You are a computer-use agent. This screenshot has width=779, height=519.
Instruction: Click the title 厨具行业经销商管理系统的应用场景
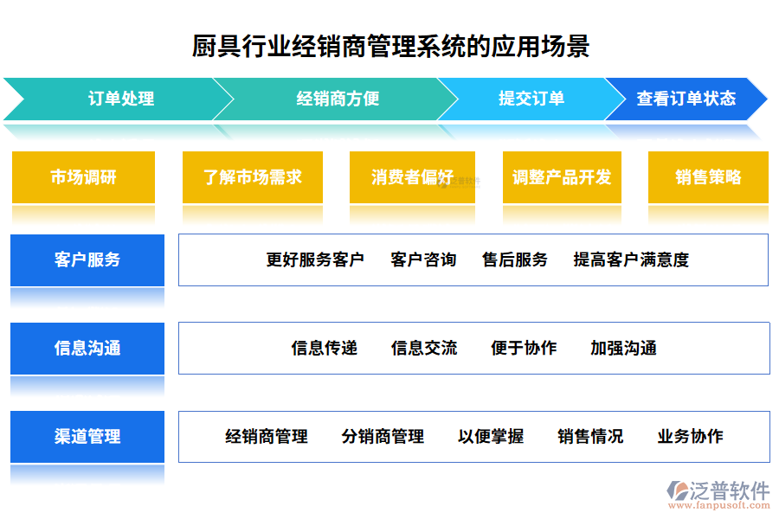(x=390, y=46)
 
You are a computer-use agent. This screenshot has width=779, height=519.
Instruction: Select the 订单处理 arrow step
(x=121, y=99)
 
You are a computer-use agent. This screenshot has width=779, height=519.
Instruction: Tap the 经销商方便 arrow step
(x=338, y=99)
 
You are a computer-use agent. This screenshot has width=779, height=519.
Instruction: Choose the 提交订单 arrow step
(x=531, y=99)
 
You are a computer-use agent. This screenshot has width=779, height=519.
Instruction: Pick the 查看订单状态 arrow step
(x=686, y=99)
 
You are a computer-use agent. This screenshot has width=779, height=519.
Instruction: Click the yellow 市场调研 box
(x=83, y=177)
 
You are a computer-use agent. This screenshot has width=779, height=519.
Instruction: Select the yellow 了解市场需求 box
(x=253, y=177)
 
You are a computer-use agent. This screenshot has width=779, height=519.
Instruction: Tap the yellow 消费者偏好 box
(x=413, y=177)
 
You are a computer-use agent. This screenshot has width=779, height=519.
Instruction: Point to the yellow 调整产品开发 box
(x=562, y=177)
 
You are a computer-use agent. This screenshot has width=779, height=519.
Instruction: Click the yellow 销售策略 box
(x=708, y=177)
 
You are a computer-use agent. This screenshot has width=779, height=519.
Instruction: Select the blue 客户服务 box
(x=87, y=259)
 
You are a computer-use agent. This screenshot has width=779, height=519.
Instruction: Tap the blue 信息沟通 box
(x=87, y=349)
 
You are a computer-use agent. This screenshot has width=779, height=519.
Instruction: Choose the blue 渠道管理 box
(x=87, y=437)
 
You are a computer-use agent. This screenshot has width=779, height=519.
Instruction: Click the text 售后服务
(x=515, y=259)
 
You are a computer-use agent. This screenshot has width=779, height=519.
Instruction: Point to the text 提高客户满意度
(x=631, y=259)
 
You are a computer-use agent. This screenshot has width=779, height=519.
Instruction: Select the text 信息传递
(x=325, y=349)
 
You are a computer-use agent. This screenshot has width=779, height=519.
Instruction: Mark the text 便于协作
(x=524, y=349)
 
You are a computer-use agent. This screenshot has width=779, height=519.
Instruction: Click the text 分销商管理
(x=383, y=437)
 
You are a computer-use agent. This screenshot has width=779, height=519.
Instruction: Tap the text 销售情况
(x=590, y=437)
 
